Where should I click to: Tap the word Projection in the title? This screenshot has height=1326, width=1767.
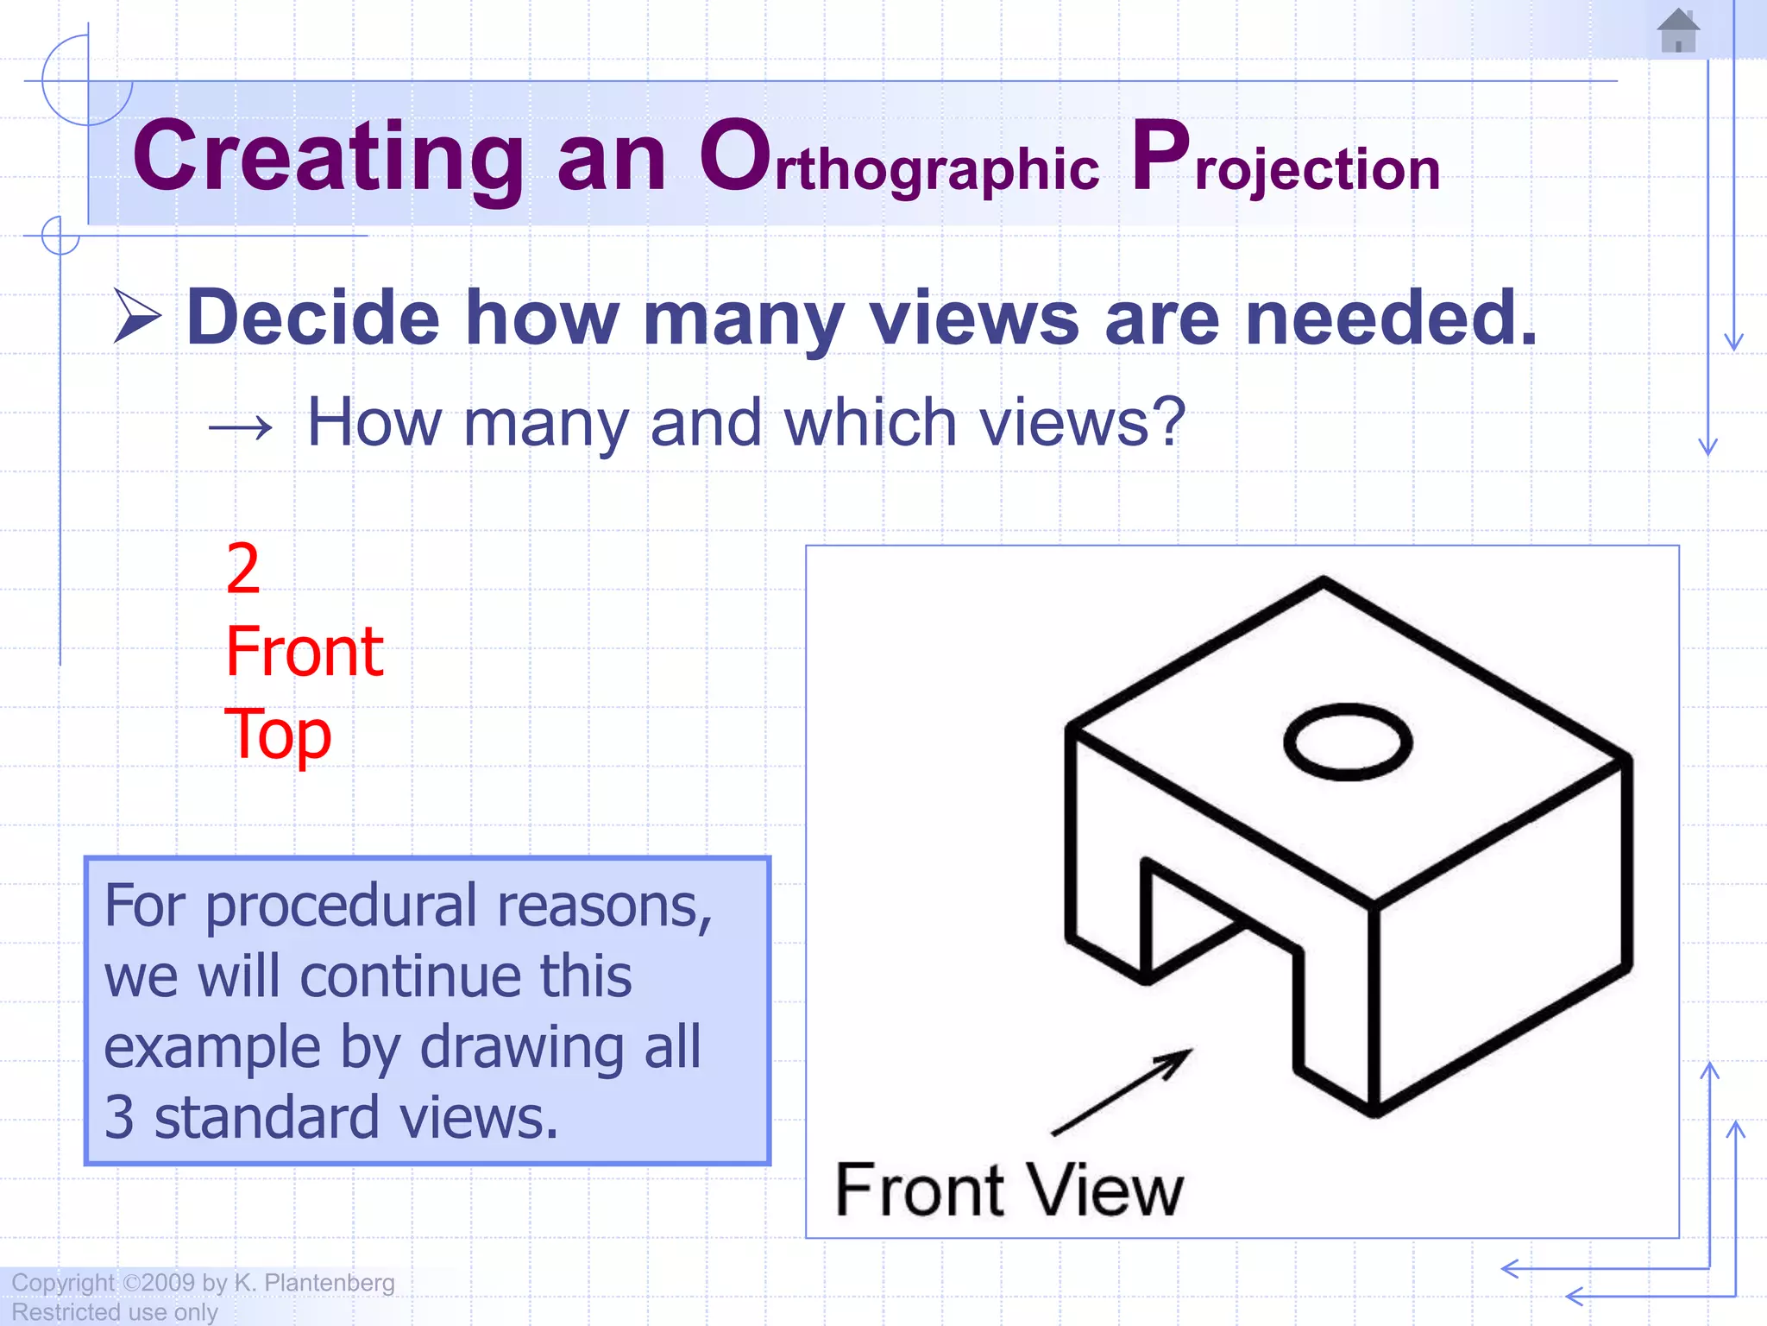point(1285,160)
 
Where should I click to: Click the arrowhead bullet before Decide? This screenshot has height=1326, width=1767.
point(137,317)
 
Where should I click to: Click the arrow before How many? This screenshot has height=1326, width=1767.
point(241,426)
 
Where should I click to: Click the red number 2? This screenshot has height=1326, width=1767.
point(242,569)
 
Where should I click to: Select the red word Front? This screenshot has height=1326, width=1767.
point(304,652)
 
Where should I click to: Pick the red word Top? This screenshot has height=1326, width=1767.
point(277,735)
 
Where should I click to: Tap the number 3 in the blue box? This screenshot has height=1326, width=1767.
point(119,1118)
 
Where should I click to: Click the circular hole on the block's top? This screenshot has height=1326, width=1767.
point(1347,742)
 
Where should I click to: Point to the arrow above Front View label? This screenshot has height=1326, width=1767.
point(1122,1092)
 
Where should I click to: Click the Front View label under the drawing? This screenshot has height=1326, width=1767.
point(1009,1190)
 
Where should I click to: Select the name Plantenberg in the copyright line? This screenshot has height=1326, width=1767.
point(329,1283)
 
